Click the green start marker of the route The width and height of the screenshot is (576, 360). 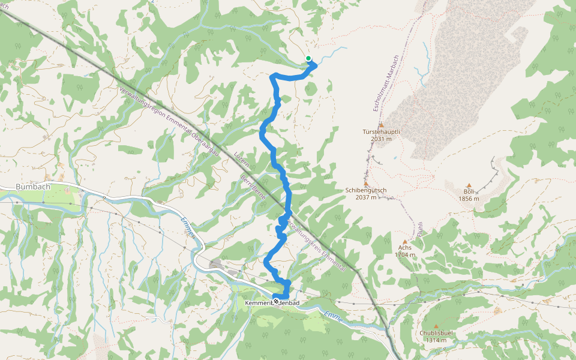pos(308,58)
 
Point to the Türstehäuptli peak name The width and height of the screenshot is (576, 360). pos(381,131)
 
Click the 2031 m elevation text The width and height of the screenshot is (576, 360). pos(381,139)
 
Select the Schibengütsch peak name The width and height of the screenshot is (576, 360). pos(366,190)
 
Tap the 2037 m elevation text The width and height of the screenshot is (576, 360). pos(366,197)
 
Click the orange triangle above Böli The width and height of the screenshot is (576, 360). pos(469,185)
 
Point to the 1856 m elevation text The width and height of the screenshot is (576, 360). pos(469,199)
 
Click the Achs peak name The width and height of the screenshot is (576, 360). pos(405,247)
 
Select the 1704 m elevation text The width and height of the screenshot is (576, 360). pos(405,255)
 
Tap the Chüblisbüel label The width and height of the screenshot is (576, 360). pos(436,333)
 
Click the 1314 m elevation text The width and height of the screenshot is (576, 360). pos(436,340)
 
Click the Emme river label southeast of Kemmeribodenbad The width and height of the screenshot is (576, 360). pos(332,317)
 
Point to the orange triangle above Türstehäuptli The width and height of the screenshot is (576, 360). pos(381,125)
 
